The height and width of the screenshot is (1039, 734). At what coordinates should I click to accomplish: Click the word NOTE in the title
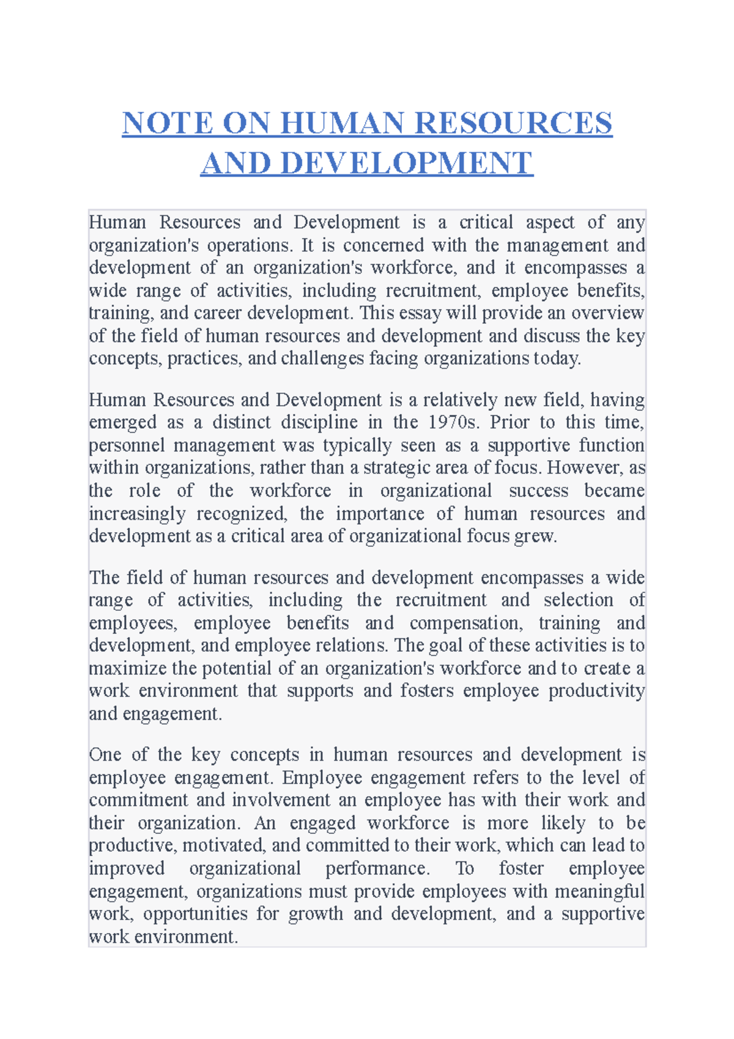click(168, 123)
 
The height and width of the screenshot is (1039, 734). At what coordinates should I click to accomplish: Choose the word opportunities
click(195, 914)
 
